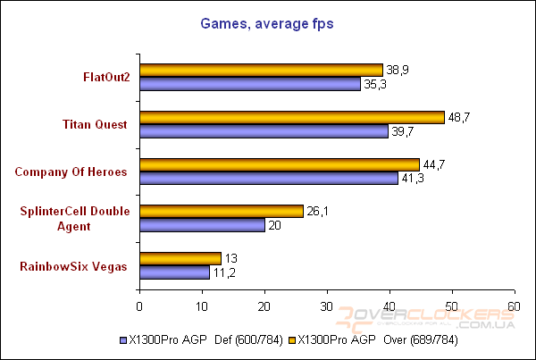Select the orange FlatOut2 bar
(x=261, y=70)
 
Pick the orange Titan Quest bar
(x=291, y=117)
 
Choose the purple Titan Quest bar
(x=264, y=131)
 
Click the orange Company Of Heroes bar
(x=279, y=164)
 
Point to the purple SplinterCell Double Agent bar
(x=202, y=225)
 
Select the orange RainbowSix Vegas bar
(x=180, y=259)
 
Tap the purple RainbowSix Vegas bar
(x=174, y=272)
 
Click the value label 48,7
(x=458, y=117)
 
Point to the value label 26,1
(x=318, y=211)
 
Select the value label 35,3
(x=373, y=84)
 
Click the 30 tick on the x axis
(x=327, y=306)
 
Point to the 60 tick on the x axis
(x=514, y=306)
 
